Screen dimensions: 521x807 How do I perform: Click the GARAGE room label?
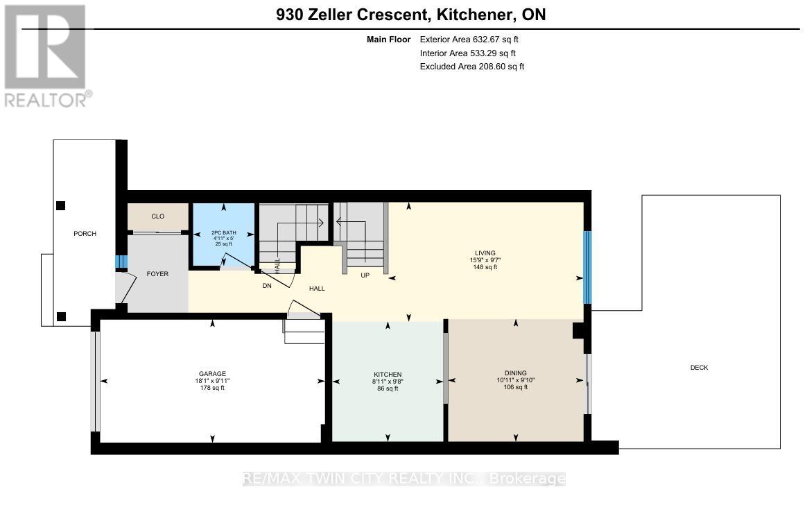pos(211,374)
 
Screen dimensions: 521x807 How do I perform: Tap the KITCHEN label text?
pos(388,375)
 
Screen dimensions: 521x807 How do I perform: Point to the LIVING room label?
pos(485,253)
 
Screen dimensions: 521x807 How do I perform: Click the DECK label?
pos(699,368)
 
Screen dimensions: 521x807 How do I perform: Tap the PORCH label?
pos(85,234)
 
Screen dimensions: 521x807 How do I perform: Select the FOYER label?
pos(157,273)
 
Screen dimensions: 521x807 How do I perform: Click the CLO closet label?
pos(157,216)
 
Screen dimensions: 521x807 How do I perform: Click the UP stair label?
pos(364,275)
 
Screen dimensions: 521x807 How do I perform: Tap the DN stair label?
pos(266,284)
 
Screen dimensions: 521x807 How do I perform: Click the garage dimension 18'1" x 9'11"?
pos(211,381)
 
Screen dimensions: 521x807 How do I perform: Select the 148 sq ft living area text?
pos(485,267)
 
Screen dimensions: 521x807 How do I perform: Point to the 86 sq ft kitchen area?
pos(388,388)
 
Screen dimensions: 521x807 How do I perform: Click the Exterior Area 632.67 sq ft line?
pos(469,40)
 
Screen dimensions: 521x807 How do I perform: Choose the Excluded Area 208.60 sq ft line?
pos(472,67)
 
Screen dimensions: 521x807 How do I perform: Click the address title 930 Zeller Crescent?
pos(410,15)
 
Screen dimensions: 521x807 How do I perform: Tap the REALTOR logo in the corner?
pos(46,55)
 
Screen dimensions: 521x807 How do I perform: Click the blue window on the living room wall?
pos(587,268)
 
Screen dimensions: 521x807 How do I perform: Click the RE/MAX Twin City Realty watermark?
pos(403,479)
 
